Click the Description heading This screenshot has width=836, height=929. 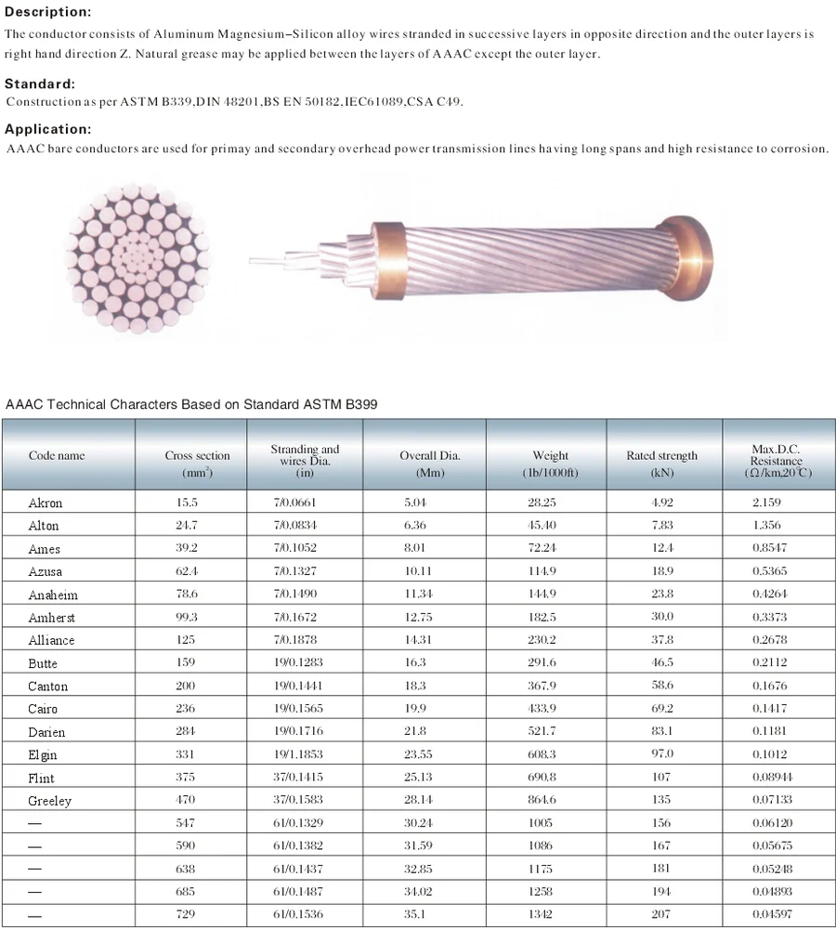48,12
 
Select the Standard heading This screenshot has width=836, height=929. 40,84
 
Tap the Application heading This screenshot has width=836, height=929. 48,129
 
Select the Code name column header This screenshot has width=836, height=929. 57,456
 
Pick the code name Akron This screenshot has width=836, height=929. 46,503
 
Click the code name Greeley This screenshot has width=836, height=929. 50,801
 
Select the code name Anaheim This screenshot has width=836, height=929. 53,595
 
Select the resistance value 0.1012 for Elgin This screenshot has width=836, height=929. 769,754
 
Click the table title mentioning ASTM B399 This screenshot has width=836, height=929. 191,404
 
